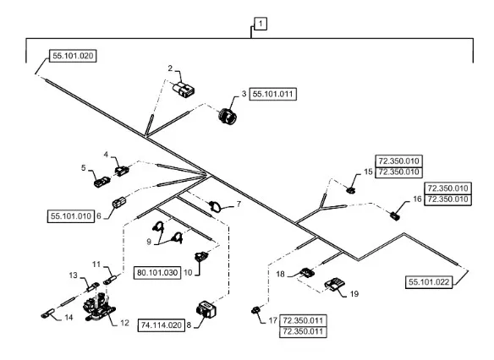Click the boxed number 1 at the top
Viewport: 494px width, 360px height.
point(261,24)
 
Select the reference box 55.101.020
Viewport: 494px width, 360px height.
point(73,56)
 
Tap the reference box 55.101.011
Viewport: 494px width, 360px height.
point(273,94)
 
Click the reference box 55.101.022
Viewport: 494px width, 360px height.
point(429,282)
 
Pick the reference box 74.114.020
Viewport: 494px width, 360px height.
point(162,325)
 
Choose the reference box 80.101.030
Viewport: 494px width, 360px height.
point(157,272)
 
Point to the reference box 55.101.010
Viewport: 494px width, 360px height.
point(71,216)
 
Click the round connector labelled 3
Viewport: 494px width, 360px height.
point(228,115)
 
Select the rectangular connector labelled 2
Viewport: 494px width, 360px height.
point(184,89)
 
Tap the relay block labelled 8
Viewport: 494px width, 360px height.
point(206,308)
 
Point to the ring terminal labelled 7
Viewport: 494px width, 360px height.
point(215,206)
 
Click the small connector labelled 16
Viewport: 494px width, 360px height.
point(395,215)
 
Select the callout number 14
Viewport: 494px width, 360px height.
point(69,317)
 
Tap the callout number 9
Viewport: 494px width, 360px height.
point(149,242)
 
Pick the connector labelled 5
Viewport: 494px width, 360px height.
point(102,182)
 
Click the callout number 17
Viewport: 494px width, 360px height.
point(273,320)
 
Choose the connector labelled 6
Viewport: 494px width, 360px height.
point(118,202)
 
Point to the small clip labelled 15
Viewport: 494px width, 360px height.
point(351,190)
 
